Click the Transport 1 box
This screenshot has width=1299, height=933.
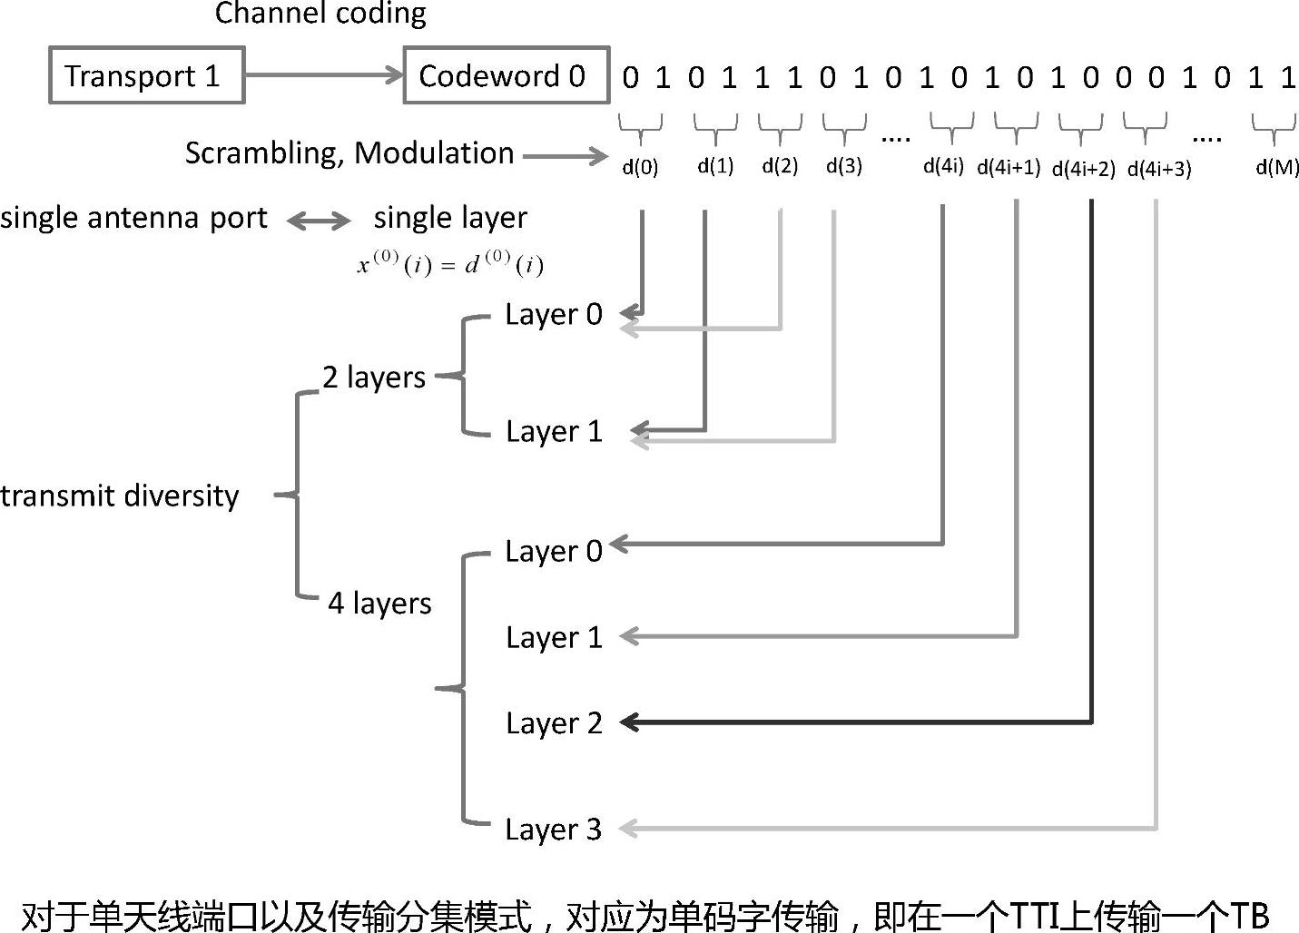(x=146, y=76)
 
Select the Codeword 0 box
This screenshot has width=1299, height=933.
(x=505, y=75)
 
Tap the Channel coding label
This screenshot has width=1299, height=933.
(x=320, y=14)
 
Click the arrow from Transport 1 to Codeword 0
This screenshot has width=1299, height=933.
(x=323, y=75)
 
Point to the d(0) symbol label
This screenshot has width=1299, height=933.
(x=640, y=167)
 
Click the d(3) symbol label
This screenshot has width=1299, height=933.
(x=844, y=166)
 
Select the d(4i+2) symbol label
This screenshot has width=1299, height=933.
(x=1083, y=169)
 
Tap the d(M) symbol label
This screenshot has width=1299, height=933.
(x=1277, y=167)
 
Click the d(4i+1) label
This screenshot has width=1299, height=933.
(x=1009, y=168)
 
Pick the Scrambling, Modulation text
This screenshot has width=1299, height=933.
(x=349, y=152)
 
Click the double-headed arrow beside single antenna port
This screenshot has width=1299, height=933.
(x=319, y=220)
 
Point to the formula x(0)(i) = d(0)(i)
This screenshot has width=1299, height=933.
(x=450, y=264)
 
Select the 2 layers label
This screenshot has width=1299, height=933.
(x=374, y=377)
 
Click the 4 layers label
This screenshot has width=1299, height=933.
(x=379, y=603)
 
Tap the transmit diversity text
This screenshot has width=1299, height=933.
(x=120, y=496)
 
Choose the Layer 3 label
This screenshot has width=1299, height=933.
(x=553, y=829)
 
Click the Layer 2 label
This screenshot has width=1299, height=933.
(x=554, y=723)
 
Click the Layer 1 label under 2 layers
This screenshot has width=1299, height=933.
(x=554, y=431)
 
